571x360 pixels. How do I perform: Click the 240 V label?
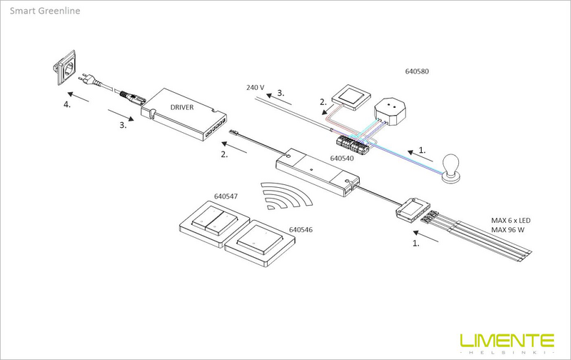coord(255,87)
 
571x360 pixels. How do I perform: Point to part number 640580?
coord(417,72)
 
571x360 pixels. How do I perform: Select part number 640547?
coord(226,195)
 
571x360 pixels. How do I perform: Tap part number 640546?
coord(301,231)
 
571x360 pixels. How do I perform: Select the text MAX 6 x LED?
coord(511,220)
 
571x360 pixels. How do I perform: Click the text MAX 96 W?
coord(508,230)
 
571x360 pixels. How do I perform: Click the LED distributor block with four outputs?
coord(413,210)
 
